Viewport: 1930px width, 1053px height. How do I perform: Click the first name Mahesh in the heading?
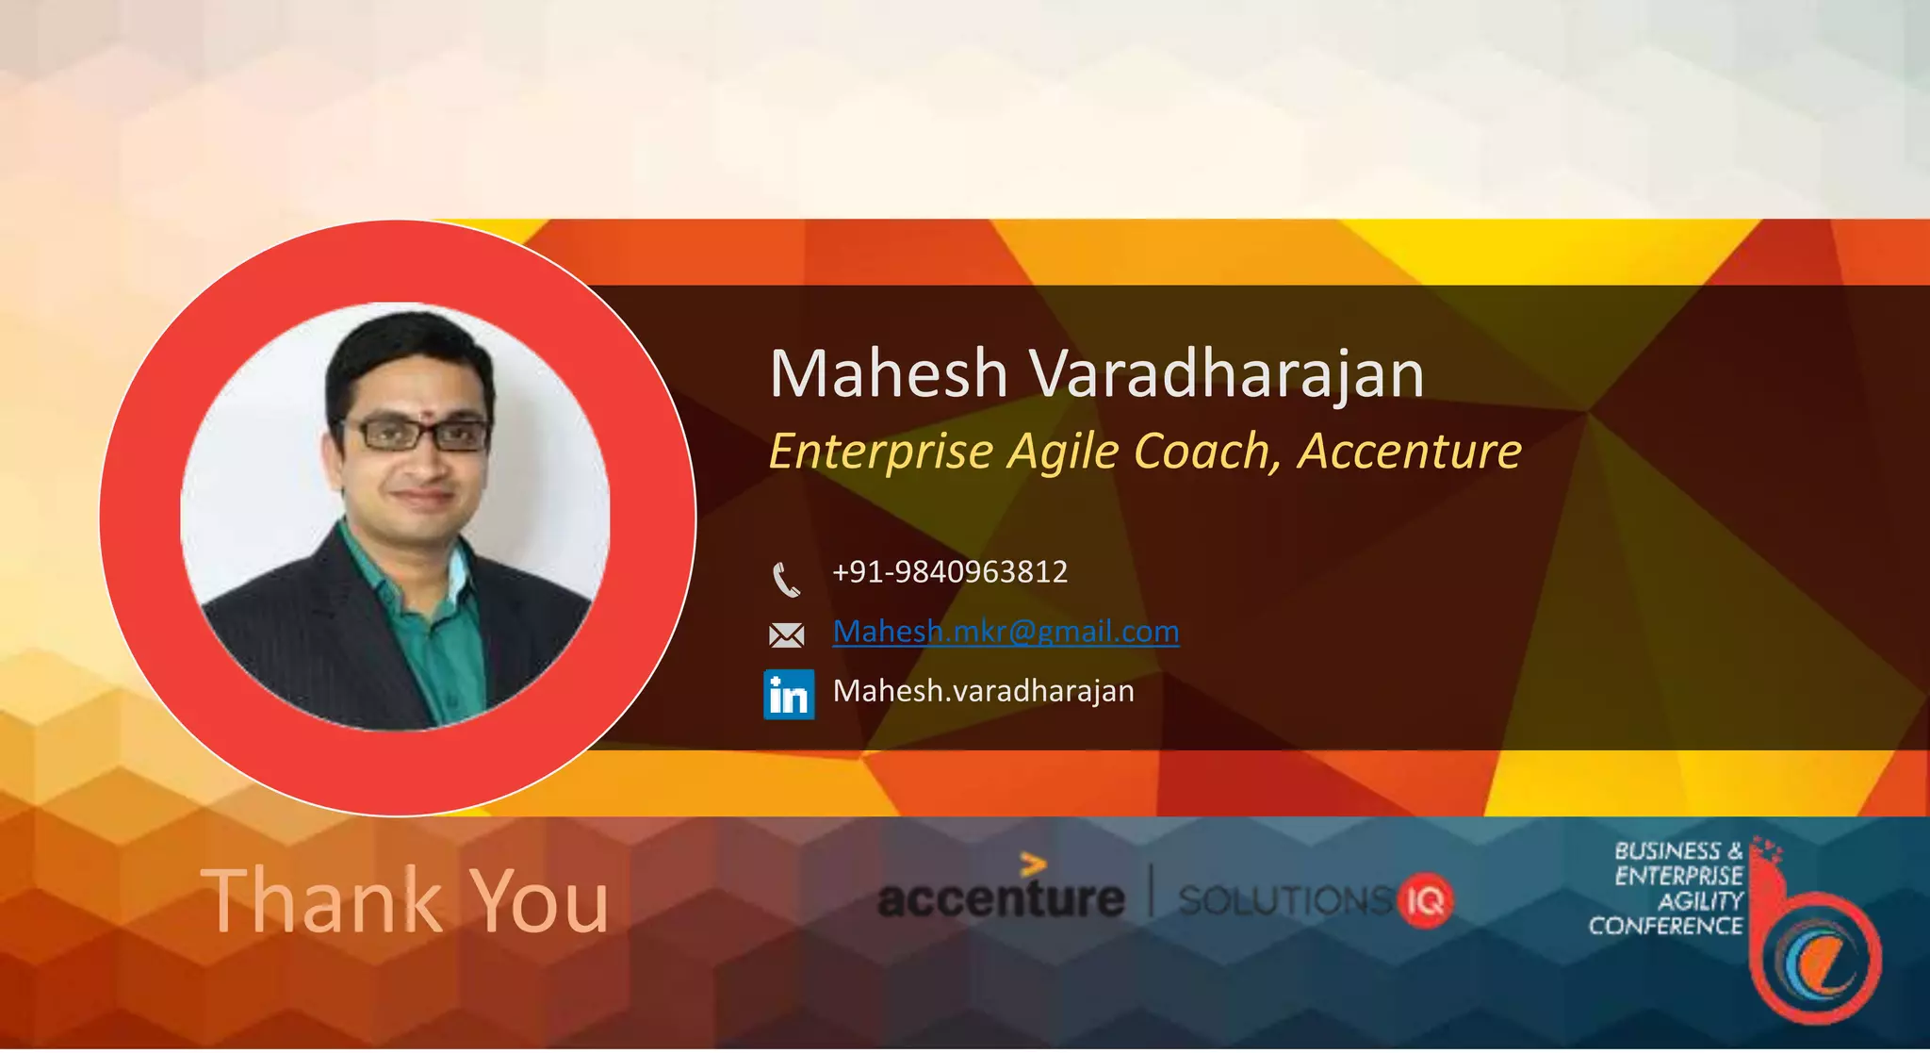click(x=889, y=373)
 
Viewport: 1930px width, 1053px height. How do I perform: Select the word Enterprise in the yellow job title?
click(x=881, y=452)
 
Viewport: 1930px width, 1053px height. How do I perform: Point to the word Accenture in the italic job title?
click(x=1410, y=451)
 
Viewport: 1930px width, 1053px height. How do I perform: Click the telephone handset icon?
click(x=786, y=579)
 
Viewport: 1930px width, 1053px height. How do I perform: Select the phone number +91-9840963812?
click(x=950, y=572)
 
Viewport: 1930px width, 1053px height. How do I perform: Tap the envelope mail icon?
click(x=786, y=635)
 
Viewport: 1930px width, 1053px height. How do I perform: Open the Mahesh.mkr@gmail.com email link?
click(x=1006, y=631)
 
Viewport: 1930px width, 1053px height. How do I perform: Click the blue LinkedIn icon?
click(x=789, y=695)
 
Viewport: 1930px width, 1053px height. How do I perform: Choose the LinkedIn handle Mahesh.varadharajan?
click(x=983, y=691)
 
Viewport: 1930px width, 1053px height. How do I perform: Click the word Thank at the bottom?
click(x=320, y=901)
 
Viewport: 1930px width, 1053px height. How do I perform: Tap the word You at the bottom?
click(x=539, y=901)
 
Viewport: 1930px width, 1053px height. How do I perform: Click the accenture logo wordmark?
click(x=1000, y=896)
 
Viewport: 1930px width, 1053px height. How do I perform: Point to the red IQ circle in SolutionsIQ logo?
click(x=1426, y=901)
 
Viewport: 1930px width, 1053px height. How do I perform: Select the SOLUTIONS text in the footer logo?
click(x=1285, y=901)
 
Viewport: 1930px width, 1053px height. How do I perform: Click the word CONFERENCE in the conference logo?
click(x=1665, y=926)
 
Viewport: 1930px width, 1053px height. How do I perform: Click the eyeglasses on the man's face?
click(x=417, y=435)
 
